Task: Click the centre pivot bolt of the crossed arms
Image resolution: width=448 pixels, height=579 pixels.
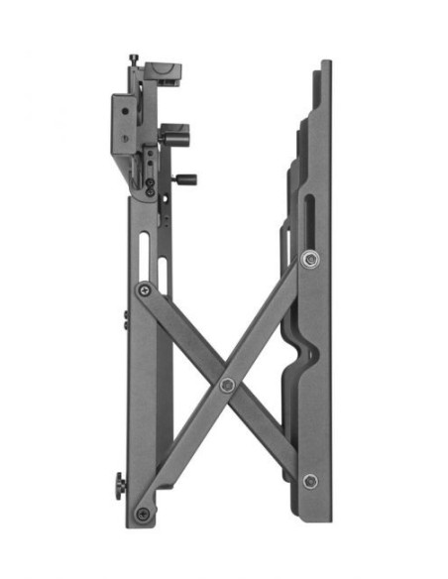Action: pos(227,384)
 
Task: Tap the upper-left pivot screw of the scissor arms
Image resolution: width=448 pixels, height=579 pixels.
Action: pos(146,289)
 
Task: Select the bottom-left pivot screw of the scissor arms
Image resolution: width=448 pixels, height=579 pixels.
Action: pos(143,514)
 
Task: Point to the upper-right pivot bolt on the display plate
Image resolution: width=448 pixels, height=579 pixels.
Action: pos(310,260)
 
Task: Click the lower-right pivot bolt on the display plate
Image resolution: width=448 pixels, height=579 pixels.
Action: pos(310,481)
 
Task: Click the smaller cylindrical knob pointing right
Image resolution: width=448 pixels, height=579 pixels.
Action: pos(184,179)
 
